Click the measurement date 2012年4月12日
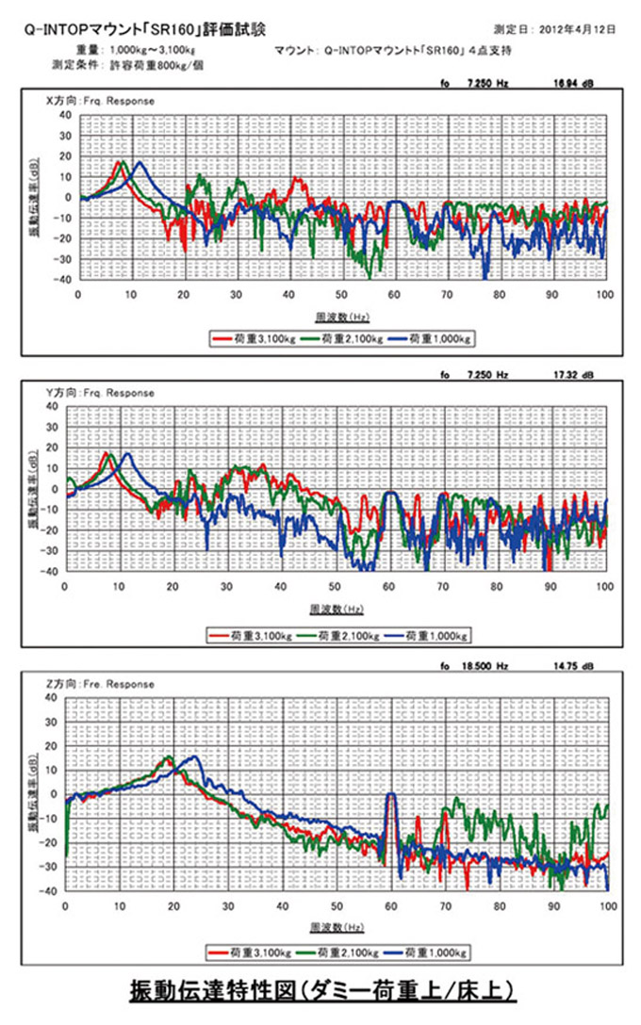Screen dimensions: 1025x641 pyautogui.click(x=581, y=30)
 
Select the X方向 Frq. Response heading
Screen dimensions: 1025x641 pyautogui.click(x=101, y=100)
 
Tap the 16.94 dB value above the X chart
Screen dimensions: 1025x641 pyautogui.click(x=572, y=84)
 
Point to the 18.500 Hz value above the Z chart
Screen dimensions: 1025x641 pyautogui.click(x=487, y=667)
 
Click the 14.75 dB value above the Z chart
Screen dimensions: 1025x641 pyautogui.click(x=572, y=667)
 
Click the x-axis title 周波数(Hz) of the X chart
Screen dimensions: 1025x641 pyautogui.click(x=337, y=318)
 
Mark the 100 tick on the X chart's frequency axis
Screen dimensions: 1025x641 pyautogui.click(x=605, y=294)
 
